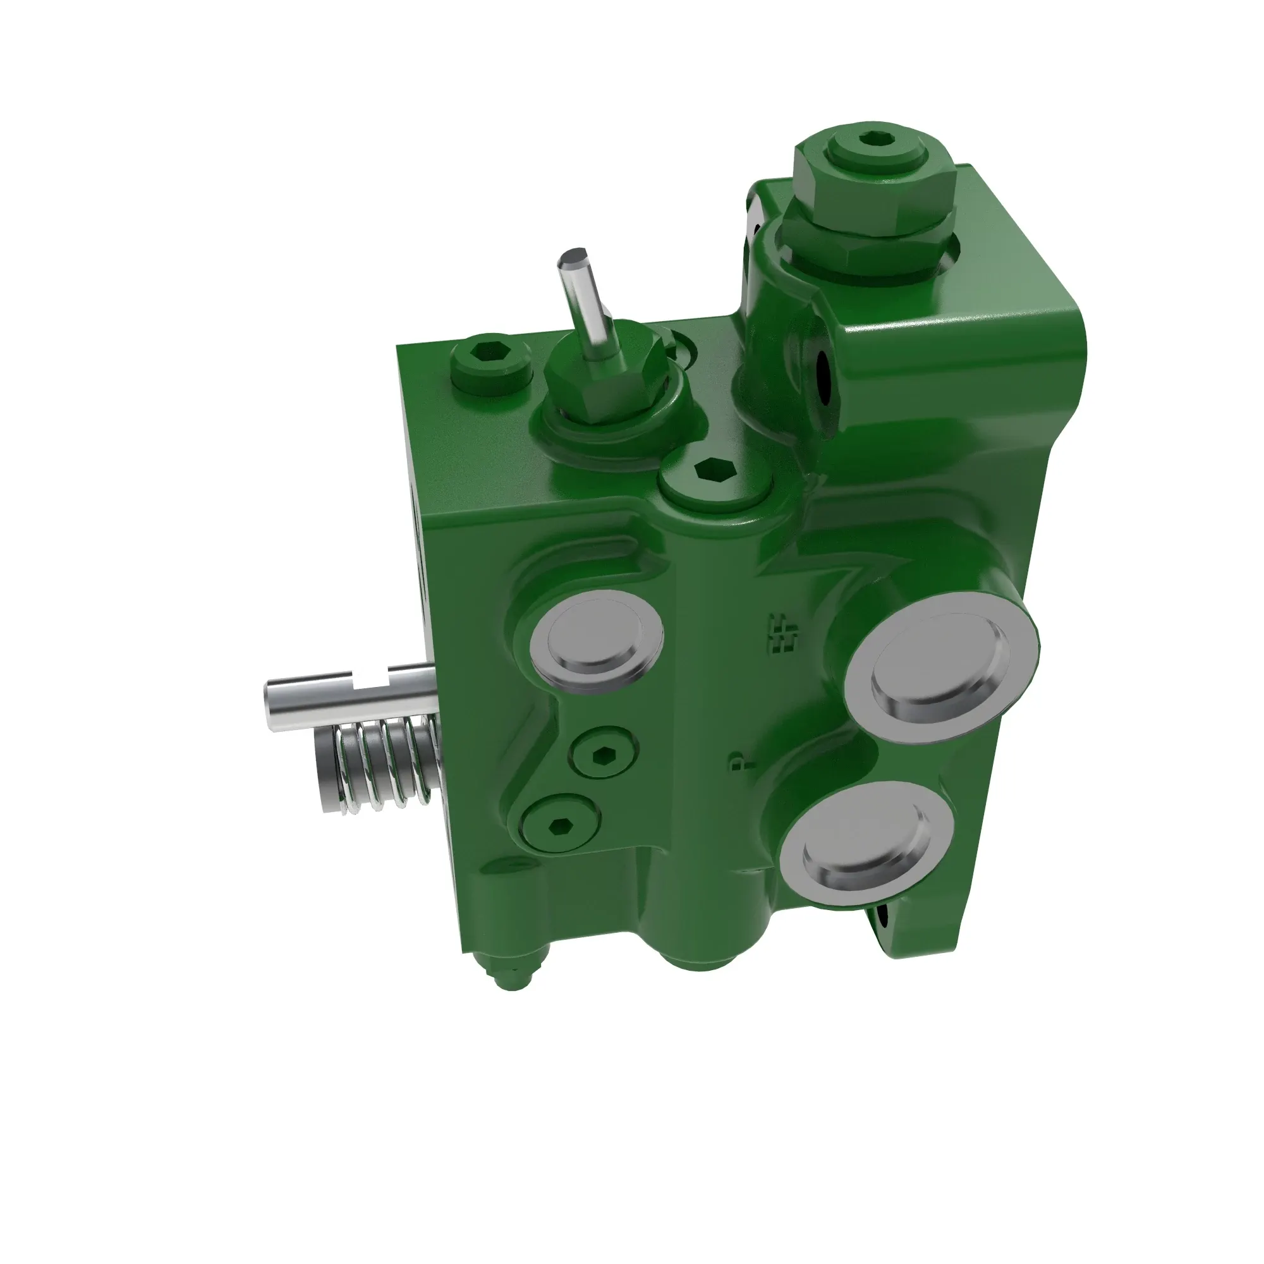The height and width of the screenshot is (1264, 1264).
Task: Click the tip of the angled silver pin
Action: pyautogui.click(x=573, y=258)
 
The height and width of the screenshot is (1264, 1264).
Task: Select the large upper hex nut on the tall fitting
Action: pyautogui.click(x=873, y=185)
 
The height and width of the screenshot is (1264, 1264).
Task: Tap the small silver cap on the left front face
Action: pyautogui.click(x=595, y=641)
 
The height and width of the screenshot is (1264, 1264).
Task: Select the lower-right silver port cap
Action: pyautogui.click(x=866, y=844)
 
